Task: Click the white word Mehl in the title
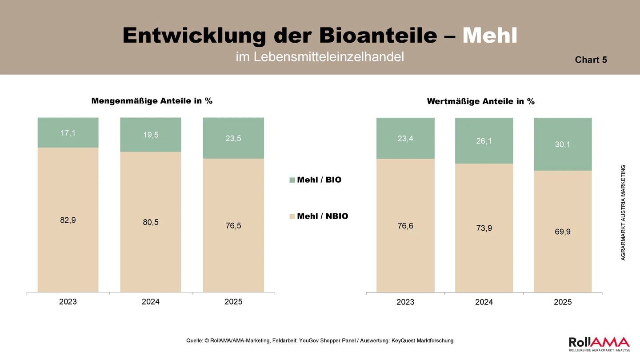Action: click(x=490, y=36)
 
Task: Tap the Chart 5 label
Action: click(x=591, y=60)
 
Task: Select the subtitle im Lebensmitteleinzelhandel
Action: click(x=320, y=56)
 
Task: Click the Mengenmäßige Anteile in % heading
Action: click(x=152, y=101)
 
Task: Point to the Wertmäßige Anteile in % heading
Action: click(x=480, y=101)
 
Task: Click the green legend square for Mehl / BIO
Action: click(x=292, y=180)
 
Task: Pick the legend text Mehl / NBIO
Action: click(x=323, y=216)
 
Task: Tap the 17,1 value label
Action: click(x=68, y=133)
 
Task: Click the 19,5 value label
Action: click(x=151, y=135)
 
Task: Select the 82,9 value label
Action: click(x=68, y=220)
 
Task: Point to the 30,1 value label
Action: click(x=563, y=144)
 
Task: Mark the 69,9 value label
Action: click(x=563, y=232)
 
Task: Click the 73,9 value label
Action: click(x=484, y=228)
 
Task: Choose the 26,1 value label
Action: click(x=484, y=141)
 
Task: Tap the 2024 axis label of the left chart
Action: click(x=151, y=302)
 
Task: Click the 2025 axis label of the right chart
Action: click(x=563, y=302)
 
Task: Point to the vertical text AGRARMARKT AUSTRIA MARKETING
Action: click(x=623, y=212)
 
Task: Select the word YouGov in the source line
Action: click(x=309, y=340)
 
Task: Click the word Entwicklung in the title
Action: click(x=194, y=36)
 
